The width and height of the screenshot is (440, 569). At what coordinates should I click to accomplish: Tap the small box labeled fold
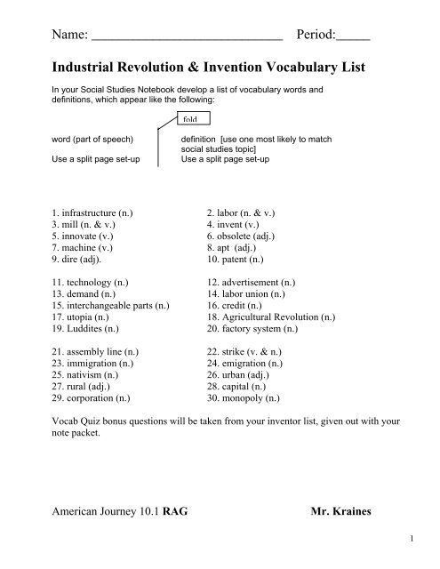pyautogui.click(x=192, y=119)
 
